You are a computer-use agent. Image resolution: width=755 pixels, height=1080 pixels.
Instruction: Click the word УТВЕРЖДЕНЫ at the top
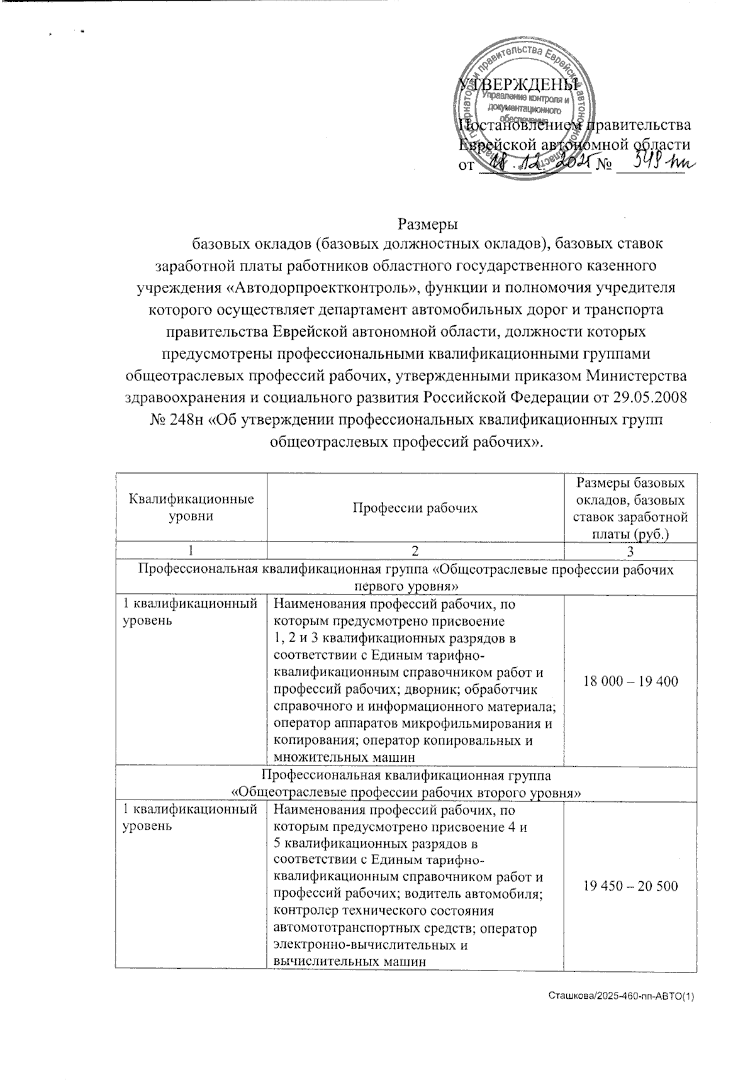(x=517, y=84)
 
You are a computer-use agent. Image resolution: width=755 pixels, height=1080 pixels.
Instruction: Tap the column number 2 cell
(x=415, y=551)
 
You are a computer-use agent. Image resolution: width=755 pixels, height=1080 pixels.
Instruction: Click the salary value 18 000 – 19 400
(x=631, y=681)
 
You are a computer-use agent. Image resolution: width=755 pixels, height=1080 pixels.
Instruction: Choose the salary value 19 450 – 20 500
(x=631, y=886)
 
